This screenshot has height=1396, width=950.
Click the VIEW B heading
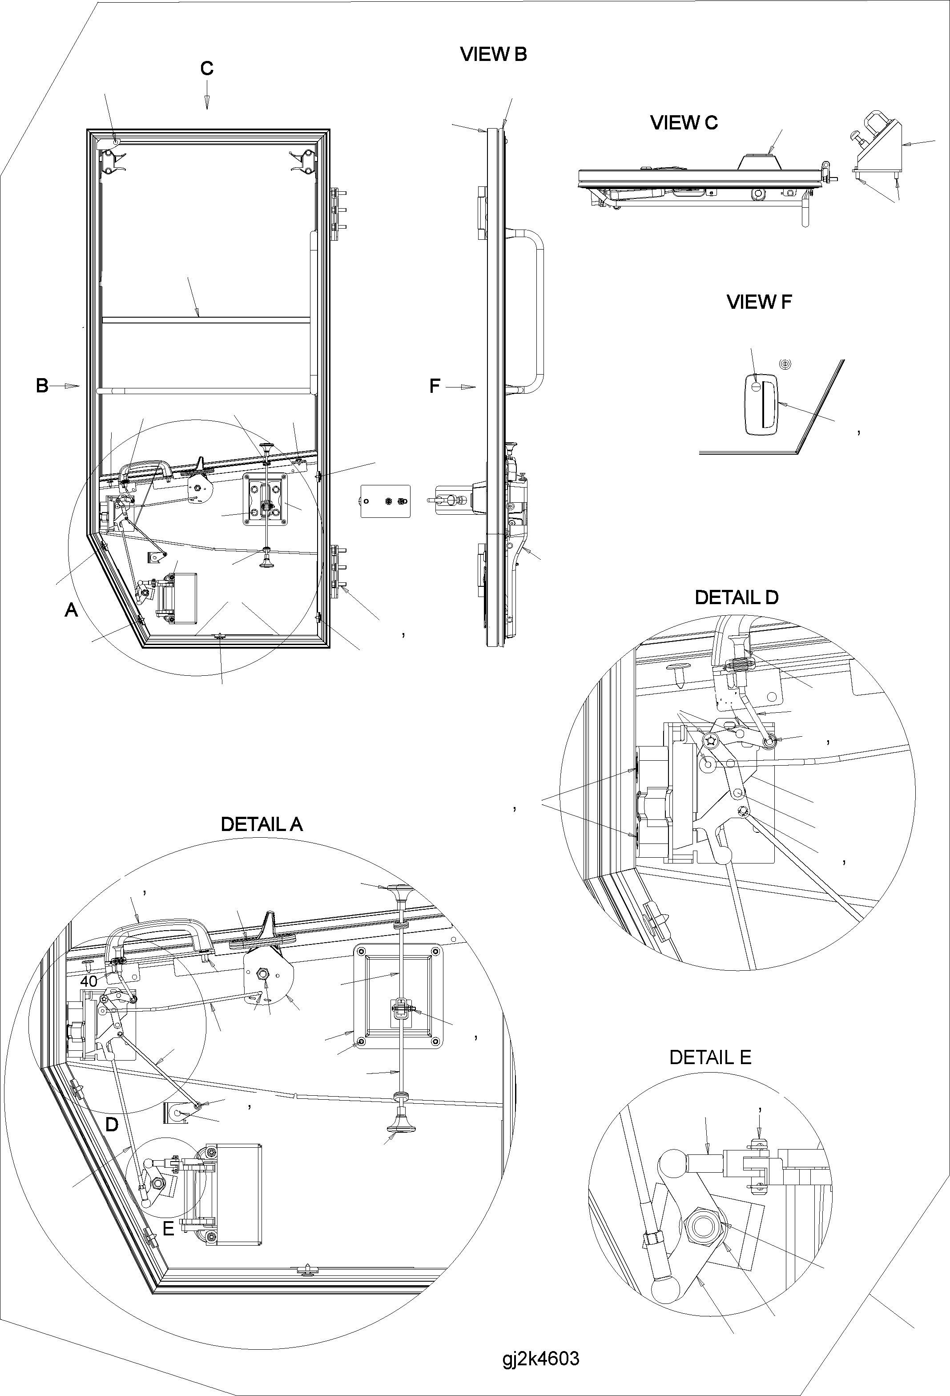pyautogui.click(x=493, y=54)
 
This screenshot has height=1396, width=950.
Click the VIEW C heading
pyautogui.click(x=684, y=122)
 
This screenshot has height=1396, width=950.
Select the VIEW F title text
pyautogui.click(x=759, y=302)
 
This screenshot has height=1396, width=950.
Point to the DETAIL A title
pyautogui.click(x=262, y=824)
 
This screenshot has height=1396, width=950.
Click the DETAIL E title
pyautogui.click(x=710, y=1057)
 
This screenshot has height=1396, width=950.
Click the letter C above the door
pyautogui.click(x=206, y=69)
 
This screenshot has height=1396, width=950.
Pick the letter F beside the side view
pyautogui.click(x=435, y=386)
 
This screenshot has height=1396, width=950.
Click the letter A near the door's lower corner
pyautogui.click(x=71, y=610)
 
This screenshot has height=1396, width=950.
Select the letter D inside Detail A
pyautogui.click(x=112, y=1125)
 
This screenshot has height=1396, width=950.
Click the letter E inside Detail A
pyautogui.click(x=168, y=1228)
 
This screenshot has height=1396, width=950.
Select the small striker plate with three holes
pyautogui.click(x=385, y=501)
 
